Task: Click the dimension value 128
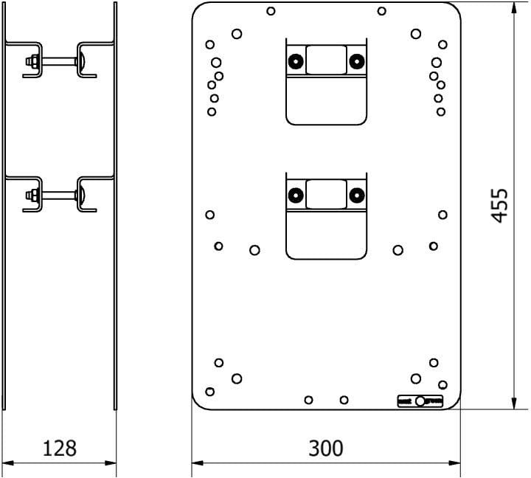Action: (60, 447)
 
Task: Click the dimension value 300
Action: (326, 447)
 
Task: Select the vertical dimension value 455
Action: (500, 204)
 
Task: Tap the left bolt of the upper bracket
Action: (296, 60)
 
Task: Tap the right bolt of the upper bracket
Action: (357, 60)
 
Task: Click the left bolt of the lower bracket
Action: (296, 195)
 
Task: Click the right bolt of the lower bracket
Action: (357, 195)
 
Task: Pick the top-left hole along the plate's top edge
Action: (271, 11)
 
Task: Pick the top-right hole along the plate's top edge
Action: (381, 11)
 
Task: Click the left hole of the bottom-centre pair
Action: (309, 400)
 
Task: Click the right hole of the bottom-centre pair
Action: (344, 400)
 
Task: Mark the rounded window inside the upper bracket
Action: (326, 59)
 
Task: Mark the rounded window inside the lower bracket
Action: (326, 194)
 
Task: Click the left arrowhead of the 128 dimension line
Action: (7, 463)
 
